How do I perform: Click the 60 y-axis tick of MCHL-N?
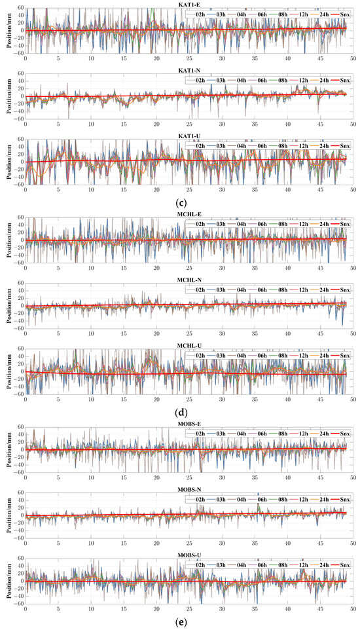(x=20, y=284)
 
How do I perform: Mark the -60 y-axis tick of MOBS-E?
(x=19, y=472)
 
